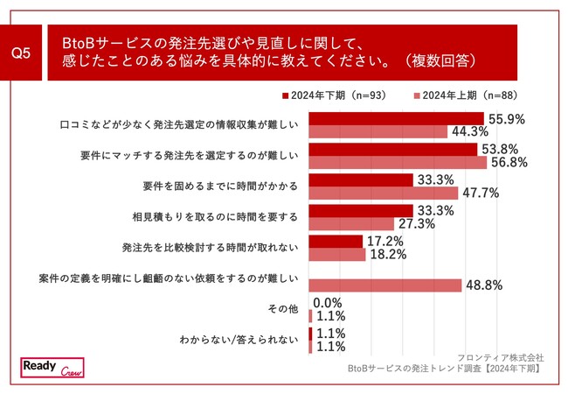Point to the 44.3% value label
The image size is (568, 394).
pos(468,131)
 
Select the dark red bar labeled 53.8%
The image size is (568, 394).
pos(393,149)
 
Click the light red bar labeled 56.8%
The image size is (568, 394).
pos(398,162)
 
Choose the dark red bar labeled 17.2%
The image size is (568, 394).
pos(336,241)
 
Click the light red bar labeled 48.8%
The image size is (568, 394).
pos(385,285)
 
